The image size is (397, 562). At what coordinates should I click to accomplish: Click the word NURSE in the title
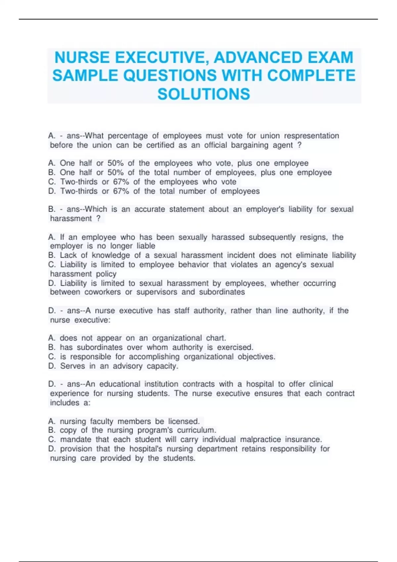82,58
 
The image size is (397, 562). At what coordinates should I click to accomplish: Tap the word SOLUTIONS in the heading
204,94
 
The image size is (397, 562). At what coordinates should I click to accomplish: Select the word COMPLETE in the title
311,76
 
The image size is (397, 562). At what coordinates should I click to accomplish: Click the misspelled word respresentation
311,136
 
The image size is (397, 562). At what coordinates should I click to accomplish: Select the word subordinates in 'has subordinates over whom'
100,347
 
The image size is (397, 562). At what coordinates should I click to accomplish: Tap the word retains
254,449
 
